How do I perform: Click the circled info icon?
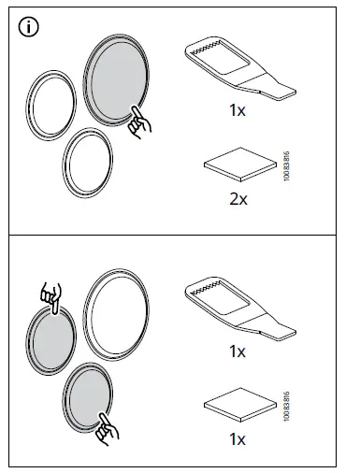[x=29, y=29]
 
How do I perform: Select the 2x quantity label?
[x=238, y=198]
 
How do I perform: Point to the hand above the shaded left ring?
[x=53, y=294]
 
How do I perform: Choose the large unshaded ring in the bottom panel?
[x=118, y=313]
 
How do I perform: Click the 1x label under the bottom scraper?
[x=238, y=351]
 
